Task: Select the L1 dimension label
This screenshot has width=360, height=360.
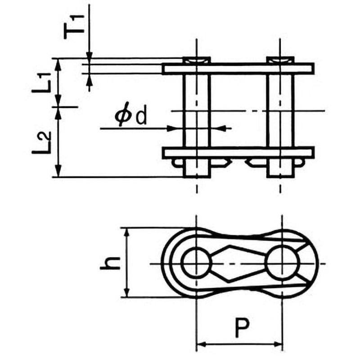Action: pyautogui.click(x=41, y=83)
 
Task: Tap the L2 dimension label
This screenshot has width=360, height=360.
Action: pyautogui.click(x=41, y=143)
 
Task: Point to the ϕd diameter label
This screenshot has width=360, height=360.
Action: pyautogui.click(x=130, y=116)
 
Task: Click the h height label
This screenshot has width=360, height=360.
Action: pyautogui.click(x=110, y=262)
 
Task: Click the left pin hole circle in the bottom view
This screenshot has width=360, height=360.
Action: pyautogui.click(x=196, y=263)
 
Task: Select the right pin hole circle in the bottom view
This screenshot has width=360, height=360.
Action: pyautogui.click(x=283, y=262)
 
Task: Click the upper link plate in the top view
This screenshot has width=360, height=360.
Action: pyautogui.click(x=238, y=69)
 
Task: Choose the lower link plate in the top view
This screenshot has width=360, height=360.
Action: pyautogui.click(x=238, y=153)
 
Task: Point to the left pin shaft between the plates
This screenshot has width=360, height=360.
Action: pyautogui.click(x=197, y=111)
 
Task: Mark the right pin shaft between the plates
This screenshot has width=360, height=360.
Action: pyautogui.click(x=280, y=111)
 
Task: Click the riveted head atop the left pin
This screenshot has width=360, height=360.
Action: pyautogui.click(x=197, y=60)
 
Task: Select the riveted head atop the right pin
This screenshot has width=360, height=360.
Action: pyautogui.click(x=280, y=60)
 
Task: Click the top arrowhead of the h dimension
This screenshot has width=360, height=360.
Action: pyautogui.click(x=126, y=233)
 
